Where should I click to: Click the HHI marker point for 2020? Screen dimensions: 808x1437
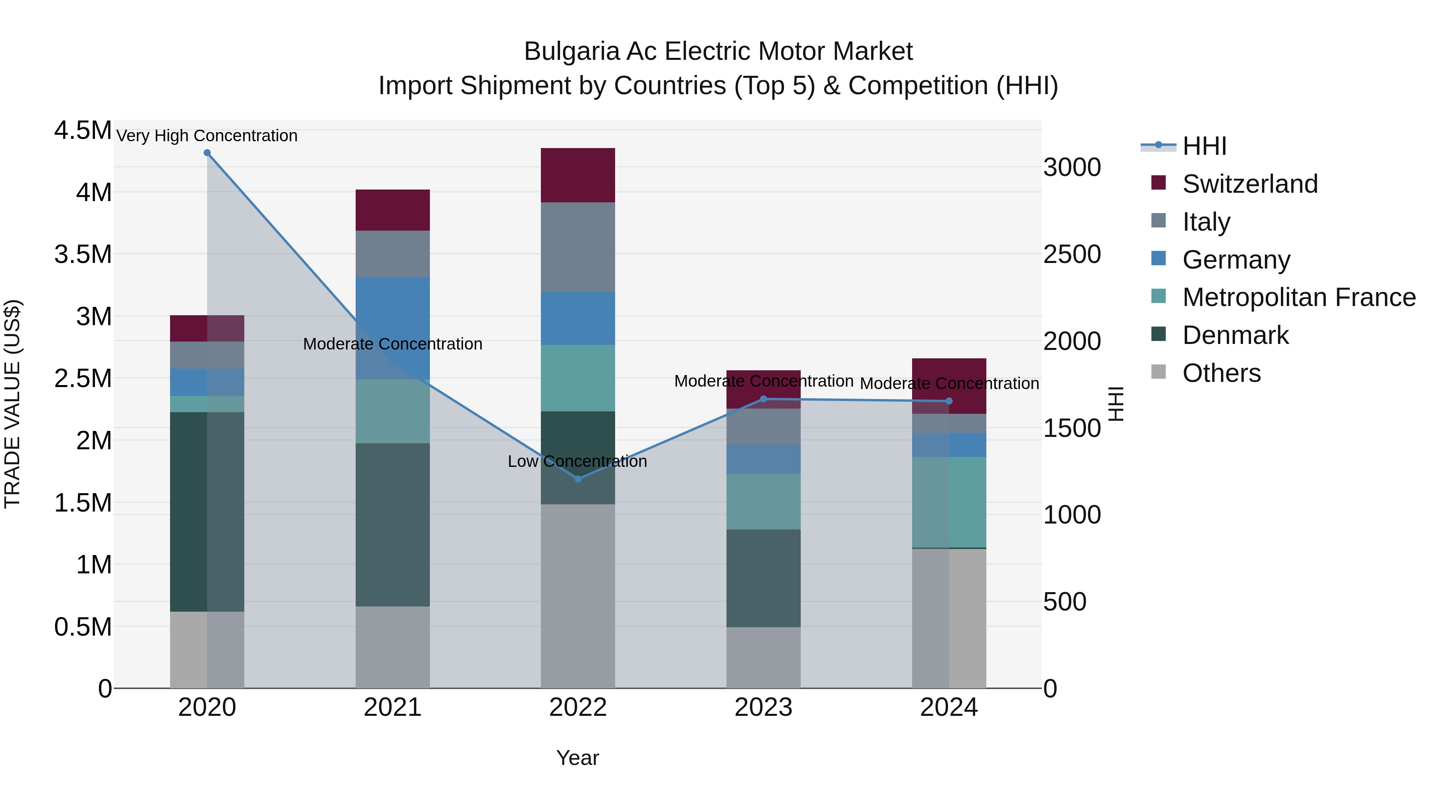207,153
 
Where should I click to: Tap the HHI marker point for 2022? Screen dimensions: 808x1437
578,479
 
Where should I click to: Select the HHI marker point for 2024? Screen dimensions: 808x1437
949,401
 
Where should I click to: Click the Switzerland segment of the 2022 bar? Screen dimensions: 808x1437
578,175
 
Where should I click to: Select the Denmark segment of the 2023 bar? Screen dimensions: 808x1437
763,578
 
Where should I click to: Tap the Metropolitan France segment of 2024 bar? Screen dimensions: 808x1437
949,502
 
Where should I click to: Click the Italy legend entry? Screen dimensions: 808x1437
1205,222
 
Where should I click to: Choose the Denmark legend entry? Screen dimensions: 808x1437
1235,335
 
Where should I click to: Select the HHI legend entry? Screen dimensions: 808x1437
1204,146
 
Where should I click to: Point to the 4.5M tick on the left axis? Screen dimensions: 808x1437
83,130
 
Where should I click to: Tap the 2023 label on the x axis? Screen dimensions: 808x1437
763,707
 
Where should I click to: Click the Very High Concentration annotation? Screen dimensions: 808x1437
207,136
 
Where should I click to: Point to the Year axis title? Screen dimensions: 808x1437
577,758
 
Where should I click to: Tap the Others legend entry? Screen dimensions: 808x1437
1221,373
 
